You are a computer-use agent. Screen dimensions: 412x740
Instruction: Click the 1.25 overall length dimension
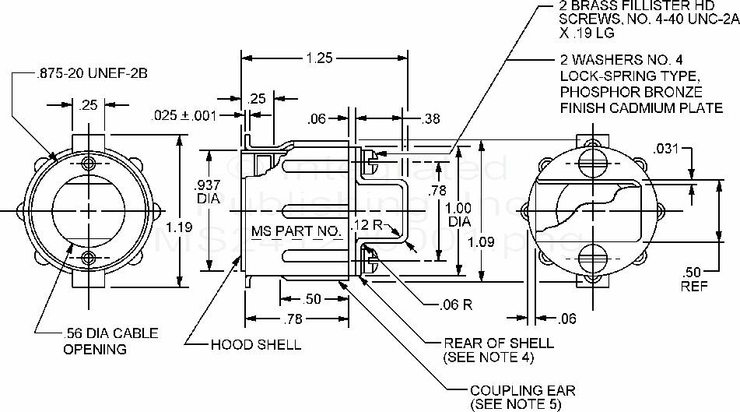[x=317, y=57]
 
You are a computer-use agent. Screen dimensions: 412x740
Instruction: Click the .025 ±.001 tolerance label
[x=181, y=114]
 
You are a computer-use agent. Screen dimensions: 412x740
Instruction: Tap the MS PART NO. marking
[x=296, y=231]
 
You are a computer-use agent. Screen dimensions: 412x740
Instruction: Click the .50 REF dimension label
[x=692, y=278]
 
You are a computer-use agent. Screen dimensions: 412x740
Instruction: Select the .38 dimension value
[x=430, y=119]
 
